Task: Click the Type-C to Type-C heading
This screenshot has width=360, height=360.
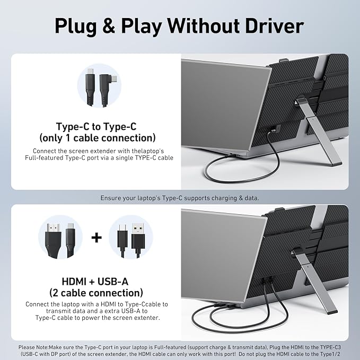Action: click(x=96, y=127)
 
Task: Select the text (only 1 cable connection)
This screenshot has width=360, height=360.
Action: click(x=96, y=138)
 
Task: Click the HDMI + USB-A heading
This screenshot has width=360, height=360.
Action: click(x=96, y=281)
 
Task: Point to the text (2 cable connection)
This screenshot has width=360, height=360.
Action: click(x=96, y=293)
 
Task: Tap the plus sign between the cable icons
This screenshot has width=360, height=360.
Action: click(x=96, y=237)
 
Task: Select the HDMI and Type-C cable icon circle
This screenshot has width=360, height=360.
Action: click(x=60, y=237)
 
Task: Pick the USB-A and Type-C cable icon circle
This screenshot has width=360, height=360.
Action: click(x=130, y=237)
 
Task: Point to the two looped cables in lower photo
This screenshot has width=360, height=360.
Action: click(x=249, y=318)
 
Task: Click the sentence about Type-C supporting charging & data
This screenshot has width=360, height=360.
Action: click(x=180, y=198)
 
